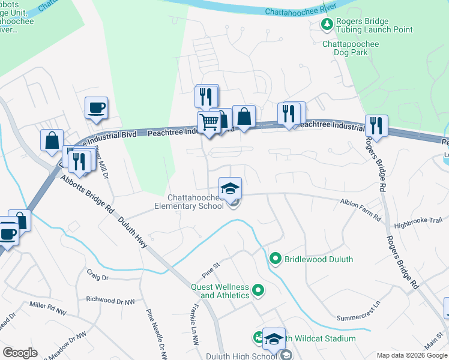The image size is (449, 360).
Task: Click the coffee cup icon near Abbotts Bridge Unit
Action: pos(96,109)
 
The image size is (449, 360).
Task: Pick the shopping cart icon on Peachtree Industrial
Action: pos(209,122)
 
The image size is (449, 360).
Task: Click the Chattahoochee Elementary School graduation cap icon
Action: pos(230,188)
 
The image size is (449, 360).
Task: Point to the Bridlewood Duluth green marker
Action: pos(276,259)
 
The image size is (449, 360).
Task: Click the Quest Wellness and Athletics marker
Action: pos(259,291)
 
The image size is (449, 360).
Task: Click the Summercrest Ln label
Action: pos(358,311)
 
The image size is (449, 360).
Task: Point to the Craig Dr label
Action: pos(97,278)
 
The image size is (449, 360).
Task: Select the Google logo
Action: pos(20,353)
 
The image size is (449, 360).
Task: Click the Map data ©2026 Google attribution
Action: pos(411,355)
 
